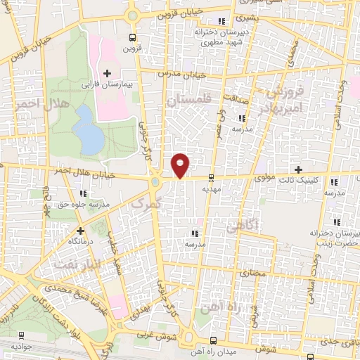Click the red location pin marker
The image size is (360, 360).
click(x=181, y=165)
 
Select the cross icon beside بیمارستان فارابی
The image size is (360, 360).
click(x=108, y=72)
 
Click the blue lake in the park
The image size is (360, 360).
click(x=89, y=130)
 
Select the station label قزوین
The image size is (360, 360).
click(x=134, y=49)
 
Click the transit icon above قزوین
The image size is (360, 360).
click(x=134, y=38)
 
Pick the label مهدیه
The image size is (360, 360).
click(x=212, y=188)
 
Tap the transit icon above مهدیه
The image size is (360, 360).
click(x=212, y=178)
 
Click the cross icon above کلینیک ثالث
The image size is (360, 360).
click(x=299, y=169)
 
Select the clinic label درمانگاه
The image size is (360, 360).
click(x=81, y=241)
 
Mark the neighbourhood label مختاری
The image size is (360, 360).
click(x=251, y=270)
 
